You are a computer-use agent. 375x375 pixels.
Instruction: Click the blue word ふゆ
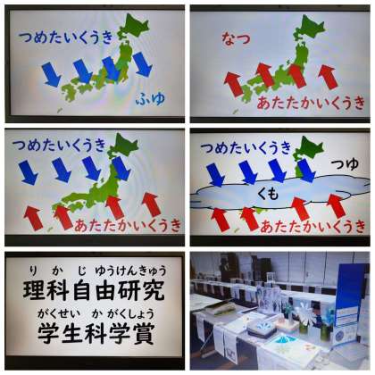tap(151, 98)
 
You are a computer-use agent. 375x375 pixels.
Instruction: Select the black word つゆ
tap(345, 163)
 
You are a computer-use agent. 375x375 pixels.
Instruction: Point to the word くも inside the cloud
tap(268, 194)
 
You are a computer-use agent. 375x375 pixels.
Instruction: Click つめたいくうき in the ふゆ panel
tap(66, 37)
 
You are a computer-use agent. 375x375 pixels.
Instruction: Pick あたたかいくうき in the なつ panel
tap(311, 103)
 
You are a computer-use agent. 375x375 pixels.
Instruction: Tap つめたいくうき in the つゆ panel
tap(246, 147)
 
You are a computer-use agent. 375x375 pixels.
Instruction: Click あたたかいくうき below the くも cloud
tap(312, 227)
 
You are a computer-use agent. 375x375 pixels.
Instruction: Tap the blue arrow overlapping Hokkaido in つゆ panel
tap(306, 171)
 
